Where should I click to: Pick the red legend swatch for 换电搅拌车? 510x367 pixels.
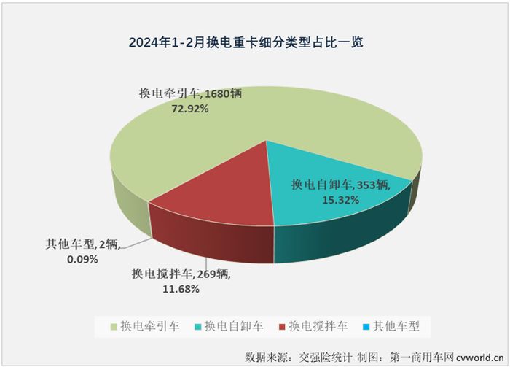(x=281, y=325)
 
